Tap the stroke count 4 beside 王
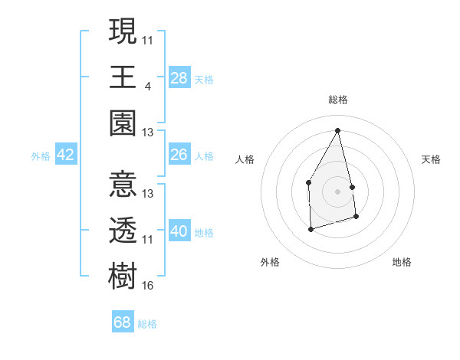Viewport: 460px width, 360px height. pos(147,86)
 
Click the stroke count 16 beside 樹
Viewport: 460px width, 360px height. pos(148,286)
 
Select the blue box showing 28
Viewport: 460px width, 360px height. pos(179,78)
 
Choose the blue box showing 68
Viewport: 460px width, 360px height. pos(123,322)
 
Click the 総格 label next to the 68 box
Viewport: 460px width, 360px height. pos(147,324)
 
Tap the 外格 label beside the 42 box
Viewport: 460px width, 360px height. pos(41,156)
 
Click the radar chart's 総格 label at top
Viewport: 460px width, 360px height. pos(337,100)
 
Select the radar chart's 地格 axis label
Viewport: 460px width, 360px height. pos(402,262)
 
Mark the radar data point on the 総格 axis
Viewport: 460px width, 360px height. pos(337,129)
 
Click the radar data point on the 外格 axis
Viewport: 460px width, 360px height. pos(310,228)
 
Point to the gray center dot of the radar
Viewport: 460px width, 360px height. pos(337,191)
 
